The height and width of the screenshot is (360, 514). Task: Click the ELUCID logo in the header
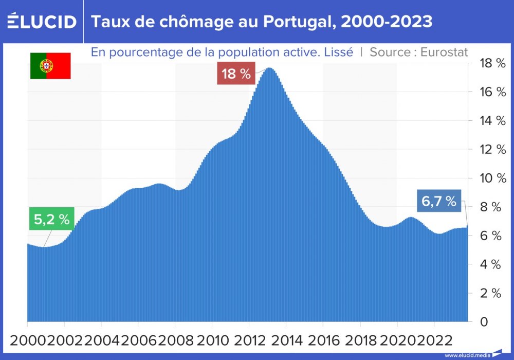click(42, 22)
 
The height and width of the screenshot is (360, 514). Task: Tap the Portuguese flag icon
click(50, 66)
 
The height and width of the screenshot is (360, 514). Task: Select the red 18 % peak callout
click(236, 74)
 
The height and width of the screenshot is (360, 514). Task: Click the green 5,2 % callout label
click(51, 219)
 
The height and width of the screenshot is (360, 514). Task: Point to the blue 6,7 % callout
click(439, 202)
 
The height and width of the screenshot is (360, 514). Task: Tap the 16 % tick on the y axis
click(492, 92)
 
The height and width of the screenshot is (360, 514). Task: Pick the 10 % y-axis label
click(492, 178)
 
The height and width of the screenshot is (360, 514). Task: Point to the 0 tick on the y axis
click(484, 322)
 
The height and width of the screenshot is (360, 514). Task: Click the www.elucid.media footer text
click(467, 355)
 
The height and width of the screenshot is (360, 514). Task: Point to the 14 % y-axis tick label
click(492, 121)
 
